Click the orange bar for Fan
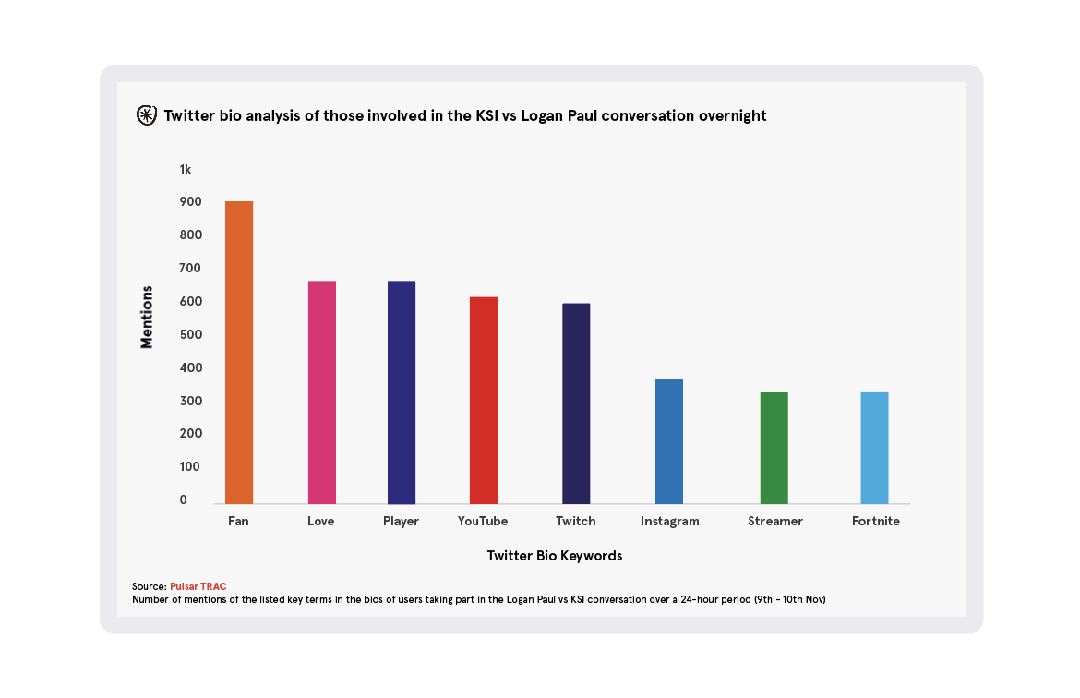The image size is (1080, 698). (x=239, y=352)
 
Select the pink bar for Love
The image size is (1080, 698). (x=321, y=391)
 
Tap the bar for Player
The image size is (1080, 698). (x=402, y=391)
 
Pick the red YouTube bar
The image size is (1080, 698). (x=484, y=400)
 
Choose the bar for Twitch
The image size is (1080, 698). (x=576, y=403)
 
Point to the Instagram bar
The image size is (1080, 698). (x=669, y=441)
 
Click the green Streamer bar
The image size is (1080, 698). (x=774, y=448)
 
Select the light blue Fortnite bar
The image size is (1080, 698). (x=875, y=448)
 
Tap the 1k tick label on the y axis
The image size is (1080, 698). (x=186, y=169)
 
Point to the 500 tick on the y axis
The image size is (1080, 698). (x=189, y=334)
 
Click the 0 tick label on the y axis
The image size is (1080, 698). (x=184, y=499)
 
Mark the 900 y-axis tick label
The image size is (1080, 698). (x=190, y=202)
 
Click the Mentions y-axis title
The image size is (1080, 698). (x=147, y=317)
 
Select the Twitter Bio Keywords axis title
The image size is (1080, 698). (x=555, y=556)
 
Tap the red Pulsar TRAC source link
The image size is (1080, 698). (x=198, y=586)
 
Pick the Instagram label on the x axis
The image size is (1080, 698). (x=670, y=521)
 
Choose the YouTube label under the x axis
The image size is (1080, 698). (x=483, y=521)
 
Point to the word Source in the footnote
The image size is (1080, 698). (x=149, y=586)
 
